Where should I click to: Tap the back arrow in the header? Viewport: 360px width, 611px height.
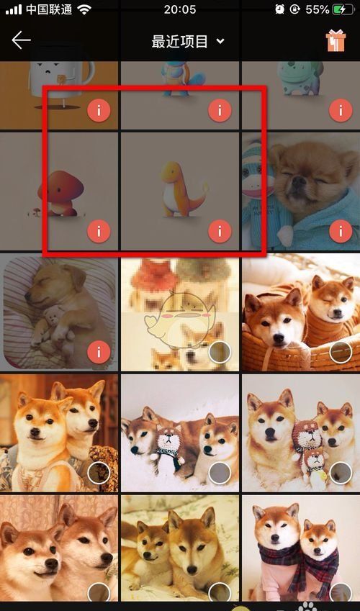pos(21,40)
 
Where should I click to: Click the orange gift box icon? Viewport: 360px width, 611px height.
pos(336,40)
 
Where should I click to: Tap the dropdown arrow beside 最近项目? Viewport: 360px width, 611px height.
pos(220,41)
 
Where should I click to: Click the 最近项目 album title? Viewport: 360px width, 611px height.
pos(179,41)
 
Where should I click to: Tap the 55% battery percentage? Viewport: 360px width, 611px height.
pos(318,9)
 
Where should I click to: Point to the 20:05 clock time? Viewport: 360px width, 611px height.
pos(180,9)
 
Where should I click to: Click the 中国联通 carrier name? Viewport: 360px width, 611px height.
pos(49,9)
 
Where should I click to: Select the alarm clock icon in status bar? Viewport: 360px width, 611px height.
pos(279,9)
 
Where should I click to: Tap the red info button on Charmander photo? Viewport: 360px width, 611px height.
pos(220,231)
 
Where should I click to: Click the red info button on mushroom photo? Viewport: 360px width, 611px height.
pos(99,231)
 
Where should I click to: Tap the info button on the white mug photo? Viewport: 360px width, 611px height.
pos(99,111)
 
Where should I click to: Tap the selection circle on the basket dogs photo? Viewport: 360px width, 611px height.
pos(341,352)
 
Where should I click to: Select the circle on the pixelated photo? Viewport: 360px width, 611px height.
pos(220,352)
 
